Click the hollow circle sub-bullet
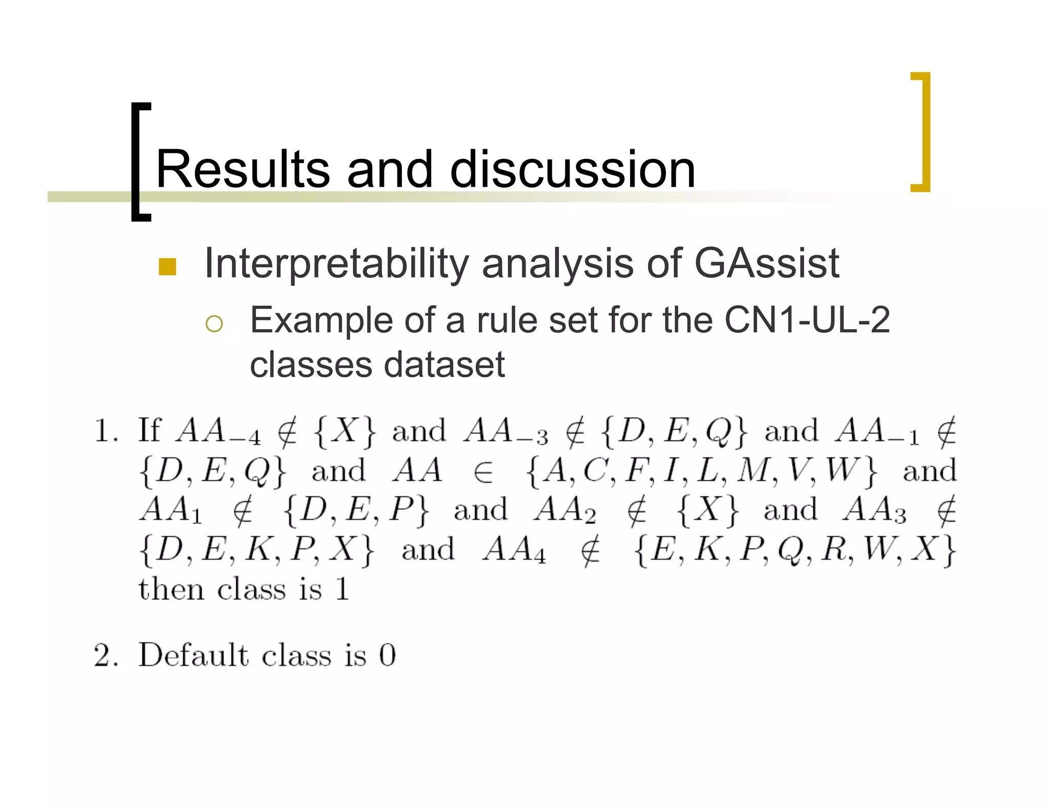[x=214, y=324]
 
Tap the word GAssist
[x=766, y=263]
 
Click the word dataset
[x=444, y=365]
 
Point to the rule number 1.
[x=105, y=431]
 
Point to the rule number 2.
[x=105, y=655]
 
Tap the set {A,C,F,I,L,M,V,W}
[x=701, y=471]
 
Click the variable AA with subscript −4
[x=218, y=431]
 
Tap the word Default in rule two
[x=193, y=655]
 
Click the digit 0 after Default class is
[x=387, y=655]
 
